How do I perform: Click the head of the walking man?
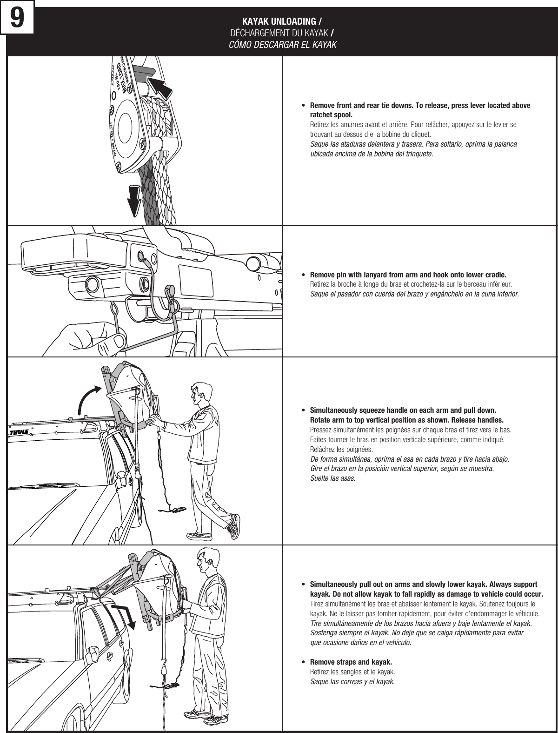point(200,393)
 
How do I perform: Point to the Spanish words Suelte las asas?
point(332,478)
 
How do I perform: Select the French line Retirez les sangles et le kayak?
point(352,672)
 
